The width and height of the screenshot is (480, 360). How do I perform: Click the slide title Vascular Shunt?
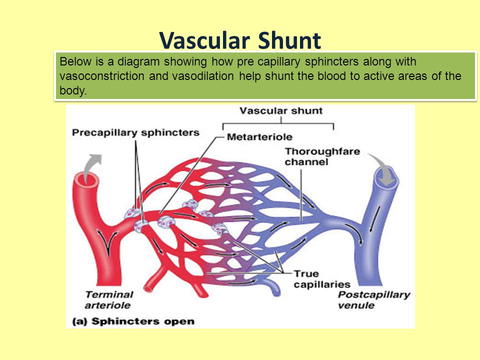240,40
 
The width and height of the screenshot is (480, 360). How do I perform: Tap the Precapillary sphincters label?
135,133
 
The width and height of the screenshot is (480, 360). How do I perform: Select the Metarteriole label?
259,137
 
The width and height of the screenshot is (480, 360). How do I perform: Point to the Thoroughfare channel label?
322,156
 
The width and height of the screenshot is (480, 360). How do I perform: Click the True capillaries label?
322,279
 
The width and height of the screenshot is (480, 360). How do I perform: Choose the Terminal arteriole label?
109,299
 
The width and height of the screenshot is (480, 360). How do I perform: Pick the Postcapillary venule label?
374,299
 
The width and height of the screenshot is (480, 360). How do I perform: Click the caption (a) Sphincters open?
133,321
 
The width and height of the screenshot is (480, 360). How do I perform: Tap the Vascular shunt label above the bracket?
281,110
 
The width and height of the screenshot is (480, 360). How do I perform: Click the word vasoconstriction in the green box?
102,76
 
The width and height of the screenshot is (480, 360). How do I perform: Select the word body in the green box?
73,90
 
